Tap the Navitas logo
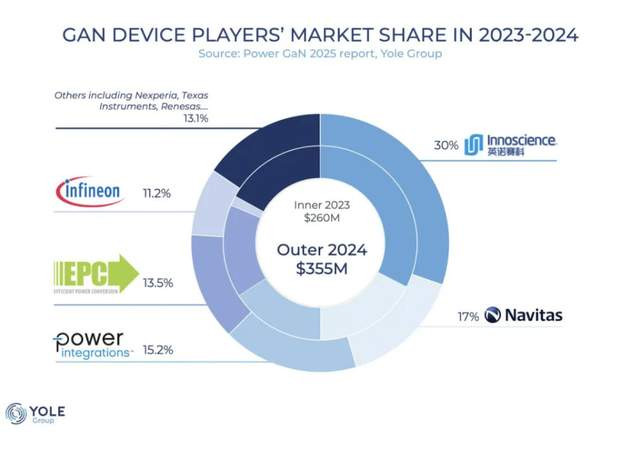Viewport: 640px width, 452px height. pos(523,315)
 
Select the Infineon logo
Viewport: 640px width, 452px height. pos(90,189)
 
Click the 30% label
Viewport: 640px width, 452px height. pos(446,145)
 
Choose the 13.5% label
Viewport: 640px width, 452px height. pos(157,283)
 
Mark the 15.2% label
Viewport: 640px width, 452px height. pos(157,350)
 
